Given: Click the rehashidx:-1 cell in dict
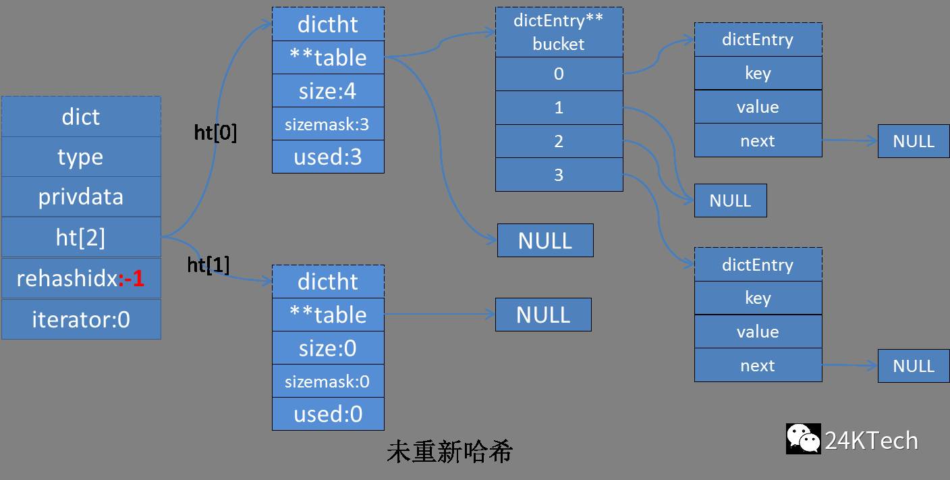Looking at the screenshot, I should [81, 278].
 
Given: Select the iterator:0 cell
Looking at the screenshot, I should [81, 319].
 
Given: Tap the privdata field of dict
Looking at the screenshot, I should [81, 196].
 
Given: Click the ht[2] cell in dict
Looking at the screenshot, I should [81, 237].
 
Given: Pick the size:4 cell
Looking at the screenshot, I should [328, 90].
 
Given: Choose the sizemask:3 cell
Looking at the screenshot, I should [328, 124].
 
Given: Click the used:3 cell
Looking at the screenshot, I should [328, 157].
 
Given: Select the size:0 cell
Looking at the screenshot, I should [328, 348].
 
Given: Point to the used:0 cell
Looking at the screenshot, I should [328, 414].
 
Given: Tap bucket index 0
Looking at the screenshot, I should [559, 74].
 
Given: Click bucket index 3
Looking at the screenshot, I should [559, 175].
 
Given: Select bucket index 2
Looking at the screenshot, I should [559, 141].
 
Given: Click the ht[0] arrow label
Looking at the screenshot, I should [215, 133].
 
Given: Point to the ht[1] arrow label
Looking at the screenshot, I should [208, 265].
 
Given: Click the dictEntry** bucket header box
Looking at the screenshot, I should [559, 32].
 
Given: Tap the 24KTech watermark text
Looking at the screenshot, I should [871, 441].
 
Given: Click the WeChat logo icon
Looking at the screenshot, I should [803, 439].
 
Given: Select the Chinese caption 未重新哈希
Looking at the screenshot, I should [449, 452].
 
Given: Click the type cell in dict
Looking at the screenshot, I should [81, 157].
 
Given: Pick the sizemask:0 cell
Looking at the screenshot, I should [328, 381].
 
